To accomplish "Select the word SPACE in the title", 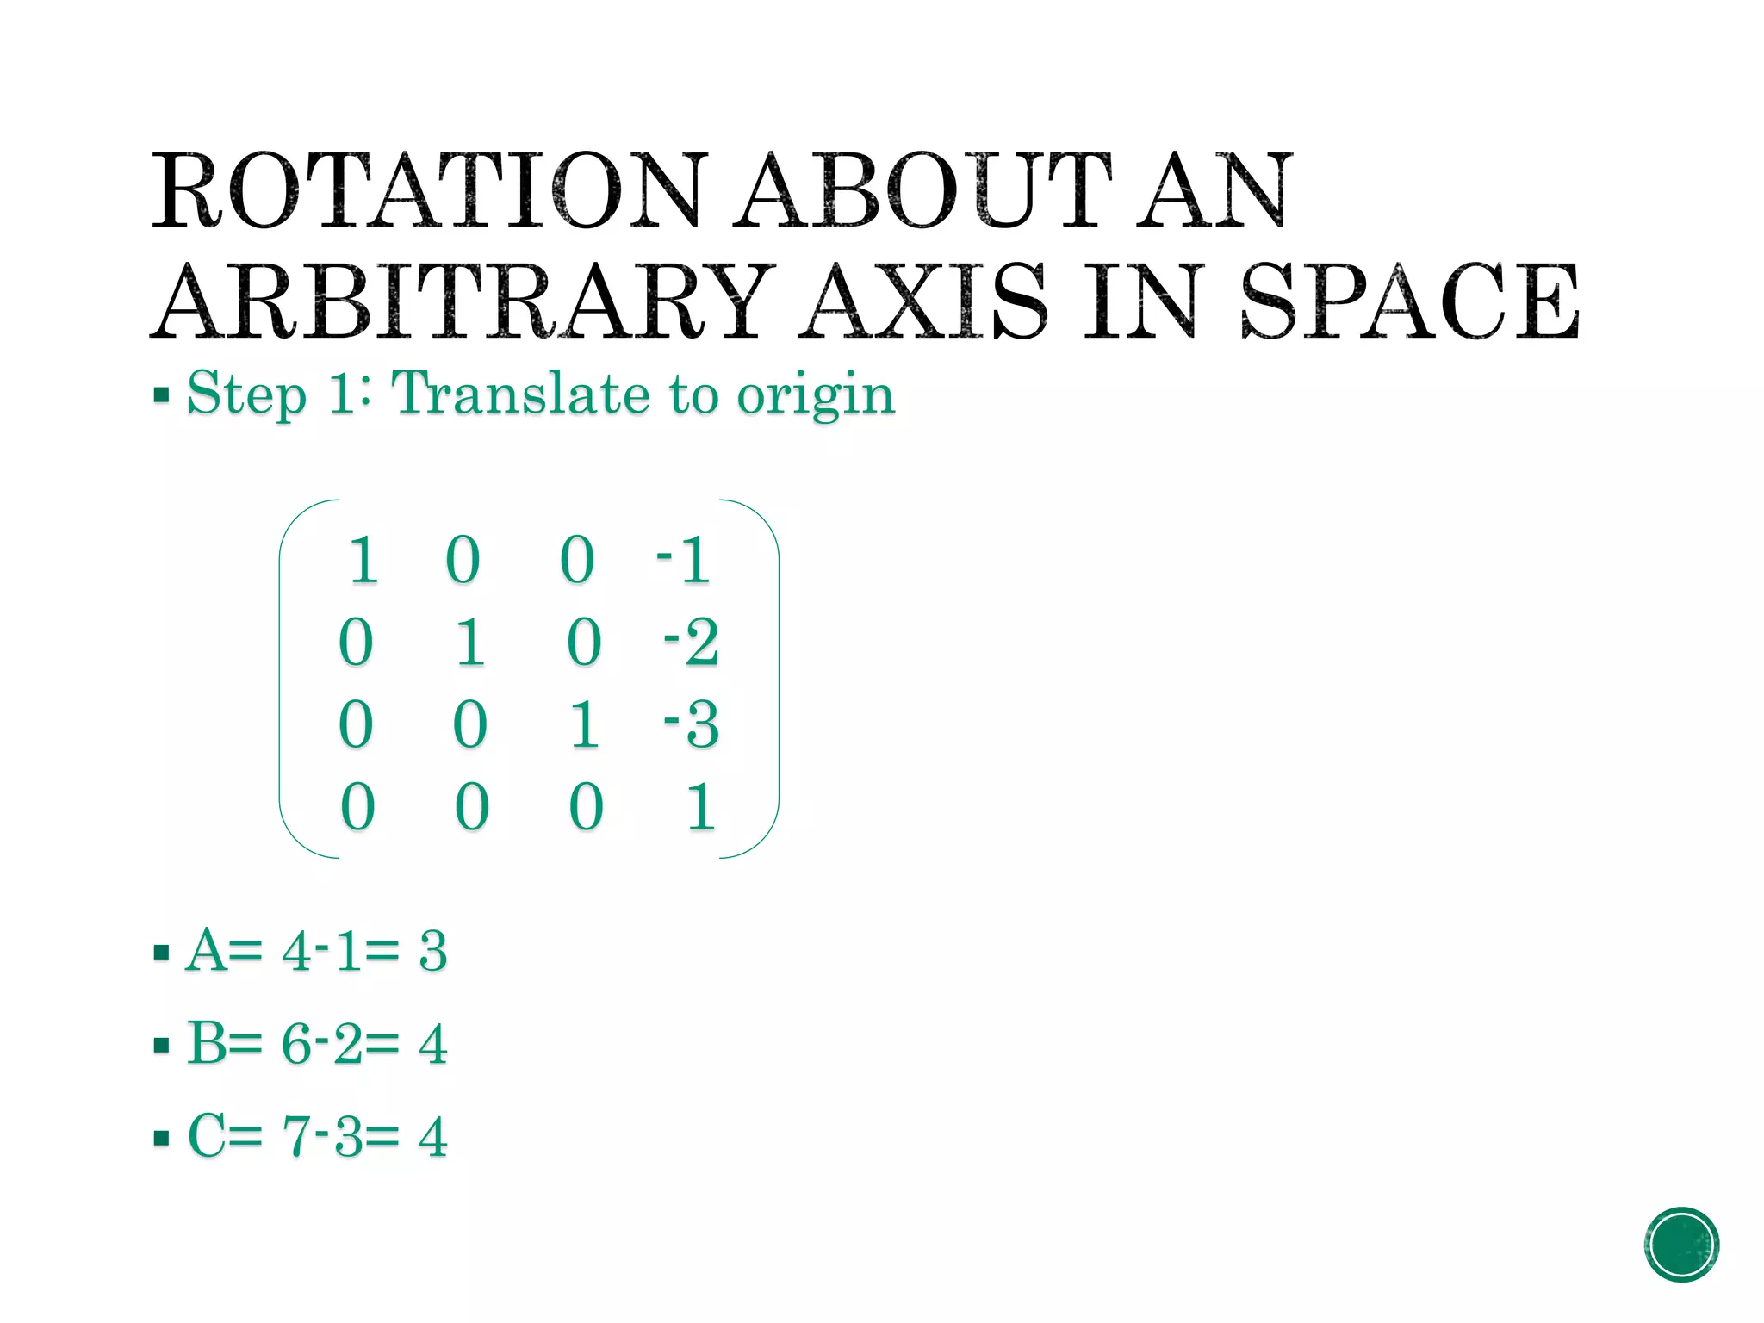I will pos(1409,301).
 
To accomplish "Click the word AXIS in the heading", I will pos(922,301).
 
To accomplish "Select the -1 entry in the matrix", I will pos(684,561).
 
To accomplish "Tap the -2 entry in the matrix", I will pos(691,643).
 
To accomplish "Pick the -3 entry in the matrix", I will pos(691,724).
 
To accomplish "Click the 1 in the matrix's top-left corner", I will pos(363,561).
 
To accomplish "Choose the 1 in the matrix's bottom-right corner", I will pos(700,807).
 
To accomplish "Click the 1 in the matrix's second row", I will pos(470,643).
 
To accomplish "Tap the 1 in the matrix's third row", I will pos(585,724).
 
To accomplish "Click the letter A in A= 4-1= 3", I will pos(207,951).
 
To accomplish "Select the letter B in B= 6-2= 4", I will pos(207,1043).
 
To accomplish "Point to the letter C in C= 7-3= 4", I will pos(207,1135).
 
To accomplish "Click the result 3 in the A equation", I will pos(433,952).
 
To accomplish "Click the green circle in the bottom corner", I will pos(1681,1245).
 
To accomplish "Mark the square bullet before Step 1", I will pos(161,396).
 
